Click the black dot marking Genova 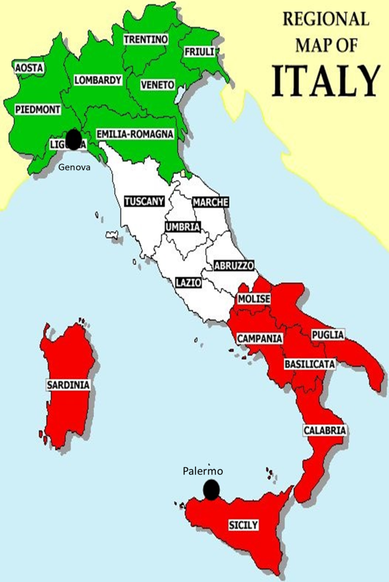tap(73, 140)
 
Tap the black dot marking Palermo tap(211, 490)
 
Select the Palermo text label tap(203, 471)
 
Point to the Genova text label tap(74, 167)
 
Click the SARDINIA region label tap(69, 385)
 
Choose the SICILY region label tap(243, 525)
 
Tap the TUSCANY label tap(144, 201)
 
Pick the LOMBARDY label tap(97, 80)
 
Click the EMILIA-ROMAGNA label tap(135, 134)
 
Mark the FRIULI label tap(199, 51)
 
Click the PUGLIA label tap(328, 335)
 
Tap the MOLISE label tap(254, 298)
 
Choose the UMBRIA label tap(182, 227)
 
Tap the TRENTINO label tap(146, 39)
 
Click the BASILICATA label tap(310, 364)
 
